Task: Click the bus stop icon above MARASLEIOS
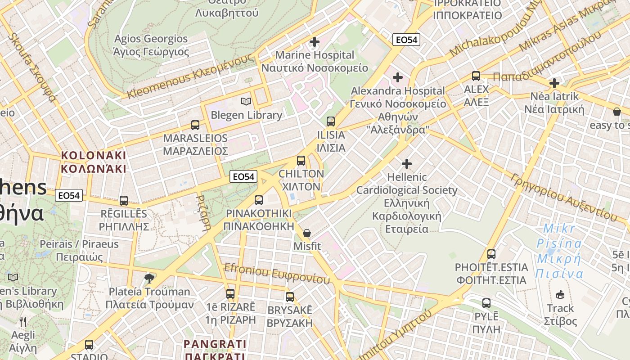[195, 125]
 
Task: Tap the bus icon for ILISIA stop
[331, 121]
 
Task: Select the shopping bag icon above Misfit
[307, 233]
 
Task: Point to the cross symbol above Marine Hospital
[315, 42]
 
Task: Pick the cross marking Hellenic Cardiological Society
[407, 163]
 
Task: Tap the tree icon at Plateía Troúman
[149, 278]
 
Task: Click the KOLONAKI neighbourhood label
[94, 162]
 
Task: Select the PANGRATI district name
[215, 350]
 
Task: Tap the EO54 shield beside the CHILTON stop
[243, 177]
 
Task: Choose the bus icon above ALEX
[476, 76]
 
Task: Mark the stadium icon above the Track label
[560, 295]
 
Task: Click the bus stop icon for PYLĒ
[486, 303]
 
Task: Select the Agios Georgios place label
[151, 45]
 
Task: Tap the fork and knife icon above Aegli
[23, 321]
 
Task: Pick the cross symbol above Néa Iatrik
[554, 83]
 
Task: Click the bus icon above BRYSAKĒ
[290, 297]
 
